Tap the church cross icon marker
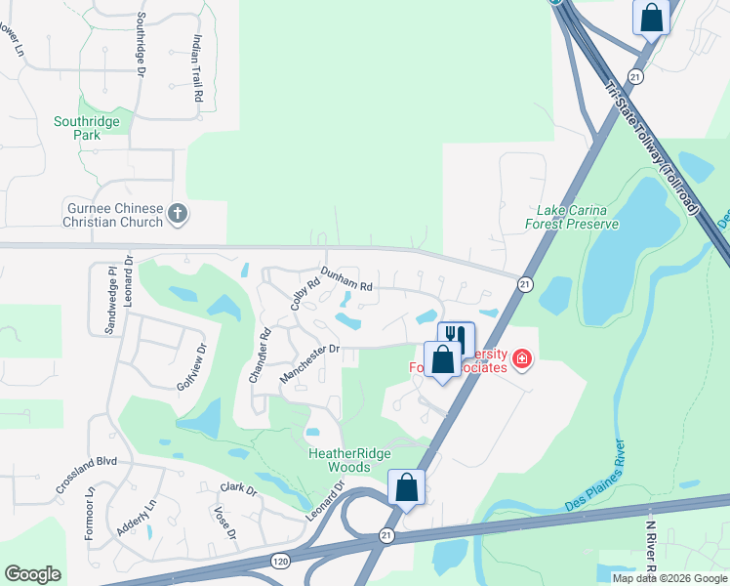pyautogui.click(x=177, y=213)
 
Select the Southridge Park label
pyautogui.click(x=87, y=128)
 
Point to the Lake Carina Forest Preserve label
pyautogui.click(x=579, y=217)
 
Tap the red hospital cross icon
pyautogui.click(x=522, y=360)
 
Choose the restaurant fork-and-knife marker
pyautogui.click(x=456, y=338)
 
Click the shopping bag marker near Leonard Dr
pyautogui.click(x=406, y=485)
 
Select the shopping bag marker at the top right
pyautogui.click(x=651, y=16)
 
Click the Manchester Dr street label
pyautogui.click(x=309, y=362)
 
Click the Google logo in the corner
pyautogui.click(x=32, y=574)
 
